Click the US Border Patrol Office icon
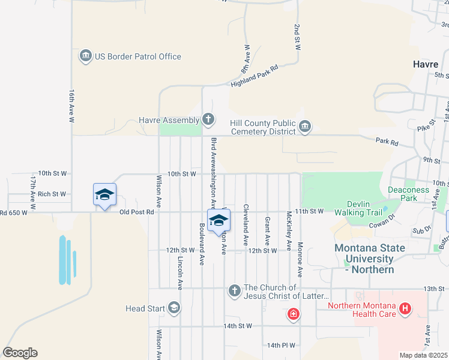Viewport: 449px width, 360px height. pos(85,56)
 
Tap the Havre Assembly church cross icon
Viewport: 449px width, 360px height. pos(208,119)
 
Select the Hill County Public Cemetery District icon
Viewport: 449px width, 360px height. pos(305,127)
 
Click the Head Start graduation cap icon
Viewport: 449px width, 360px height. pos(174,308)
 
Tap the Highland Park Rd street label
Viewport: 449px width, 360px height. pos(255,77)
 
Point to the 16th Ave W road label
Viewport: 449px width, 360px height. pos(71,107)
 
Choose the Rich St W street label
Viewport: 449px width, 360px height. pos(52,194)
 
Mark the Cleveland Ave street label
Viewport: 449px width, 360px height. pos(246,225)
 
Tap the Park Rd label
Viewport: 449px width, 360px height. pos(387,143)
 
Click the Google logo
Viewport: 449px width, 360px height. pos(20,353)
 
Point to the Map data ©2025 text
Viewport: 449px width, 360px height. pos(423,355)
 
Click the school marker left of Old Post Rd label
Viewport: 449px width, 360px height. pos(104,194)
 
